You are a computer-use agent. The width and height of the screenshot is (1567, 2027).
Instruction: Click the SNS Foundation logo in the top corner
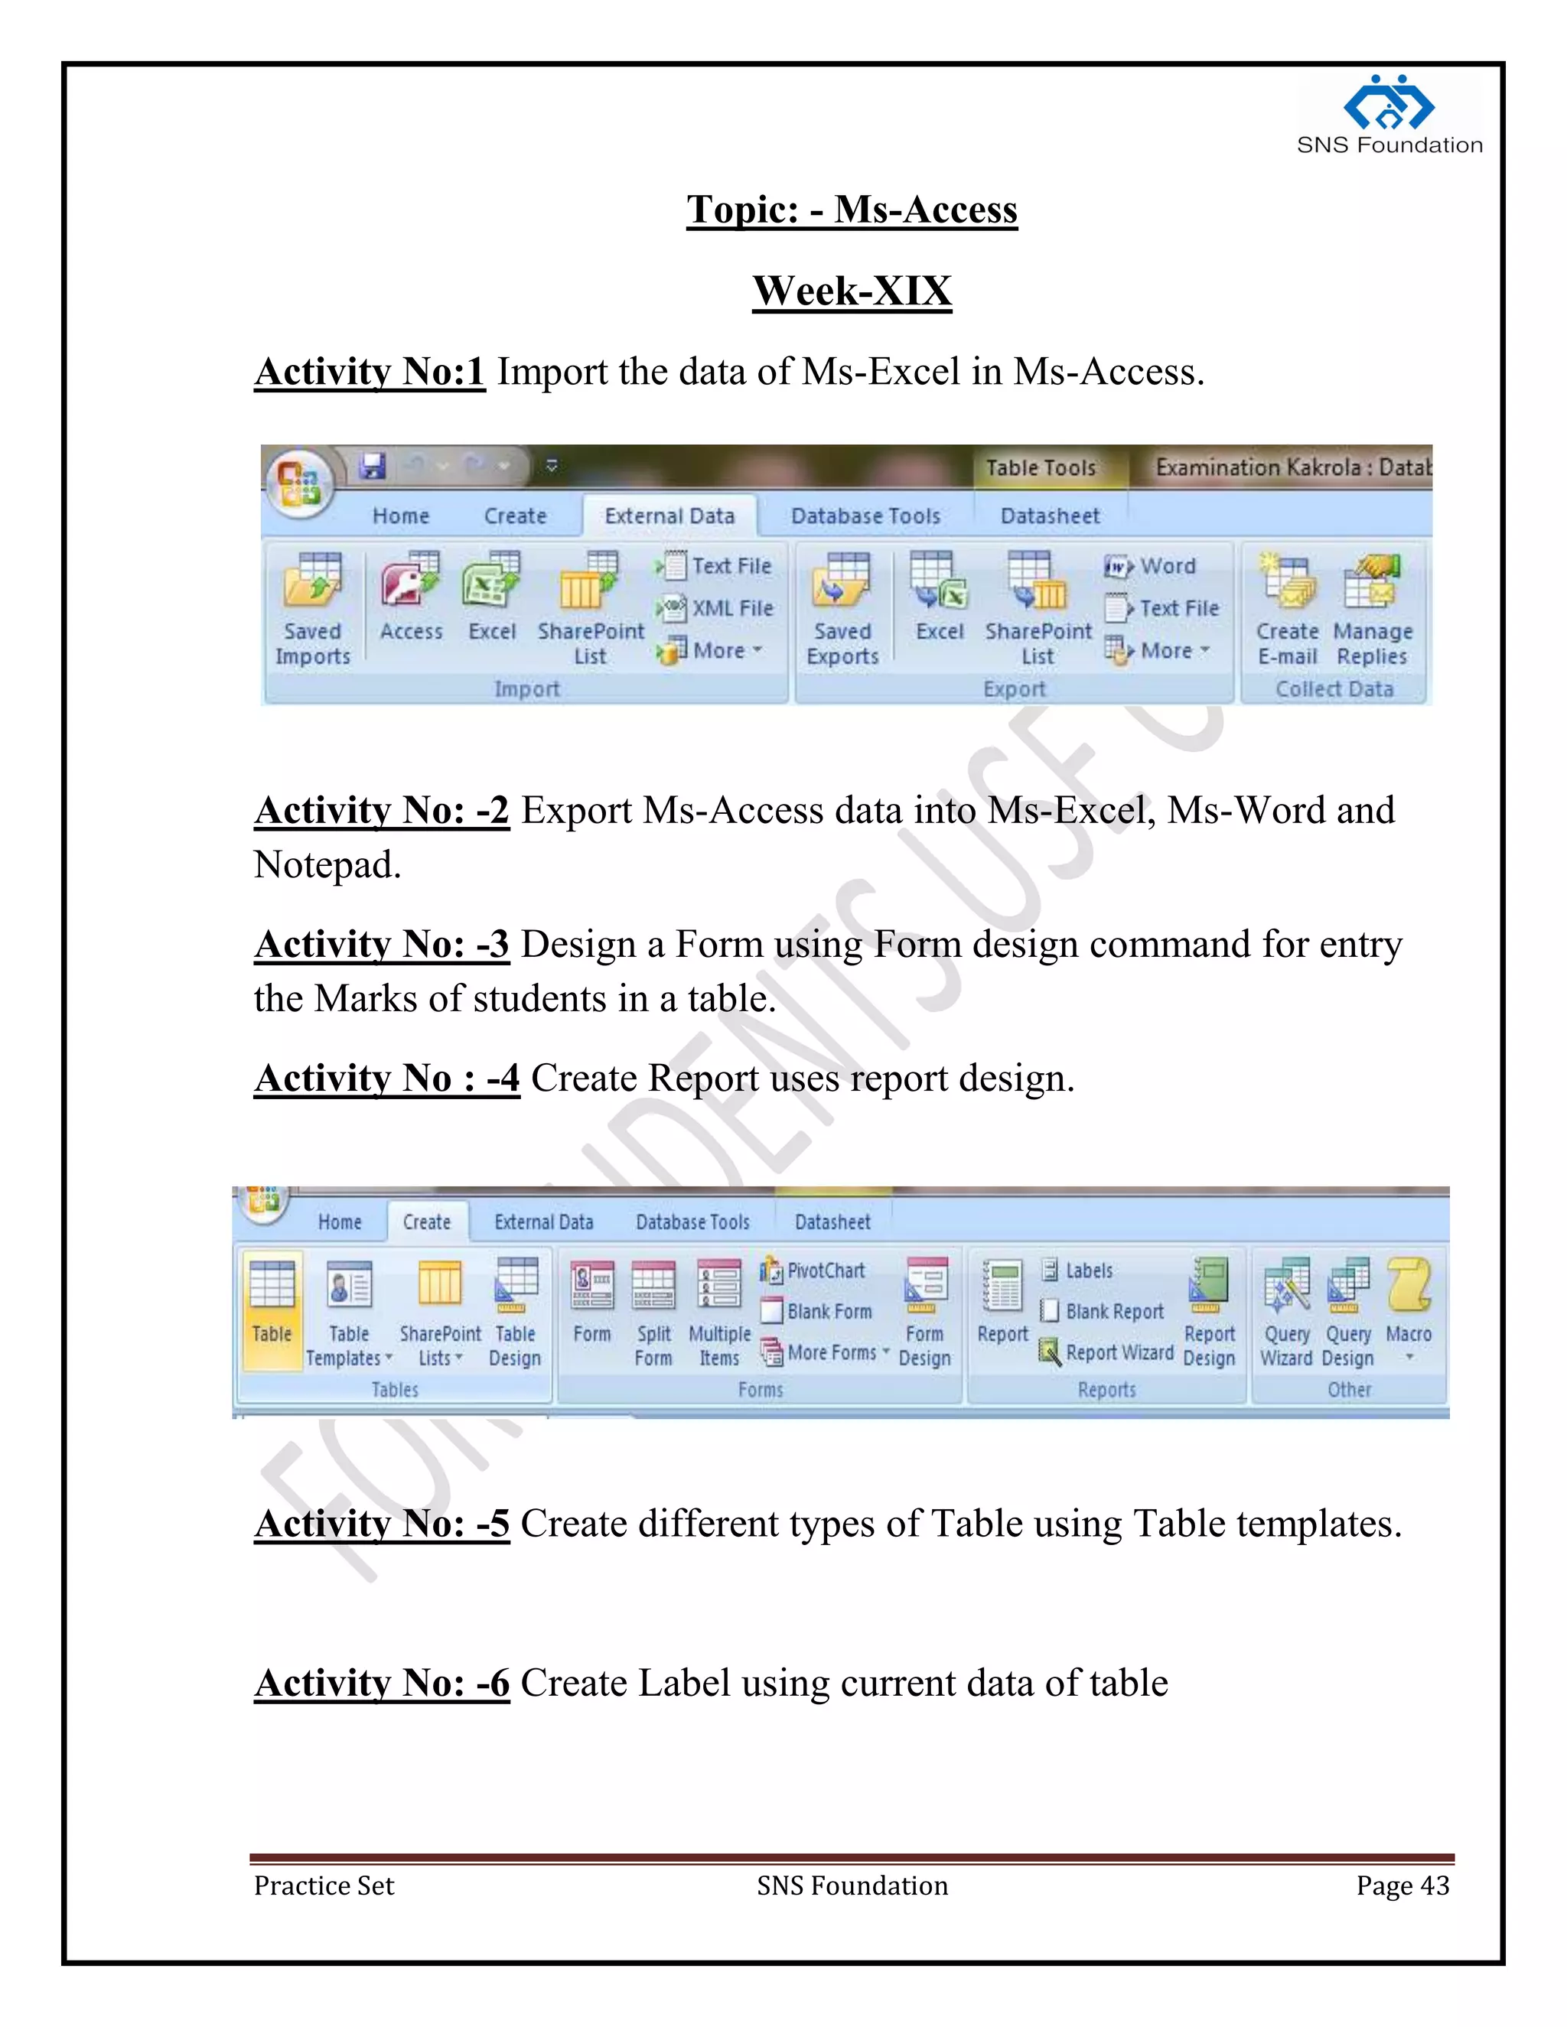click(1389, 114)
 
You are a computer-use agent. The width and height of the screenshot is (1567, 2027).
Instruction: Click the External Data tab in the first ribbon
click(669, 516)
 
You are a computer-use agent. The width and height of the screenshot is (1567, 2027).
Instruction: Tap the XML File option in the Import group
click(722, 609)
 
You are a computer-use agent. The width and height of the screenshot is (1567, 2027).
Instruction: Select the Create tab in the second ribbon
click(427, 1222)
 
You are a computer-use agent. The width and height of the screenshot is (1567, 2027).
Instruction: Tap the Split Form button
click(653, 1313)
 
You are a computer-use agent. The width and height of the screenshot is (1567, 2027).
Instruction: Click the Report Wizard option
click(1109, 1352)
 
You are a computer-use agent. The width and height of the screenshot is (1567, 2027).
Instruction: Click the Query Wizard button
click(1287, 1313)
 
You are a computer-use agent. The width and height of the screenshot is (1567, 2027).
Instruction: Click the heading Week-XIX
click(852, 291)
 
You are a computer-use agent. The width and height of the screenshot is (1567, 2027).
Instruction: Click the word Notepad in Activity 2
click(327, 865)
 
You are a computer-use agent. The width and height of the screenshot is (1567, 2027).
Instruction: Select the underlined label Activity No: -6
click(383, 1683)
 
